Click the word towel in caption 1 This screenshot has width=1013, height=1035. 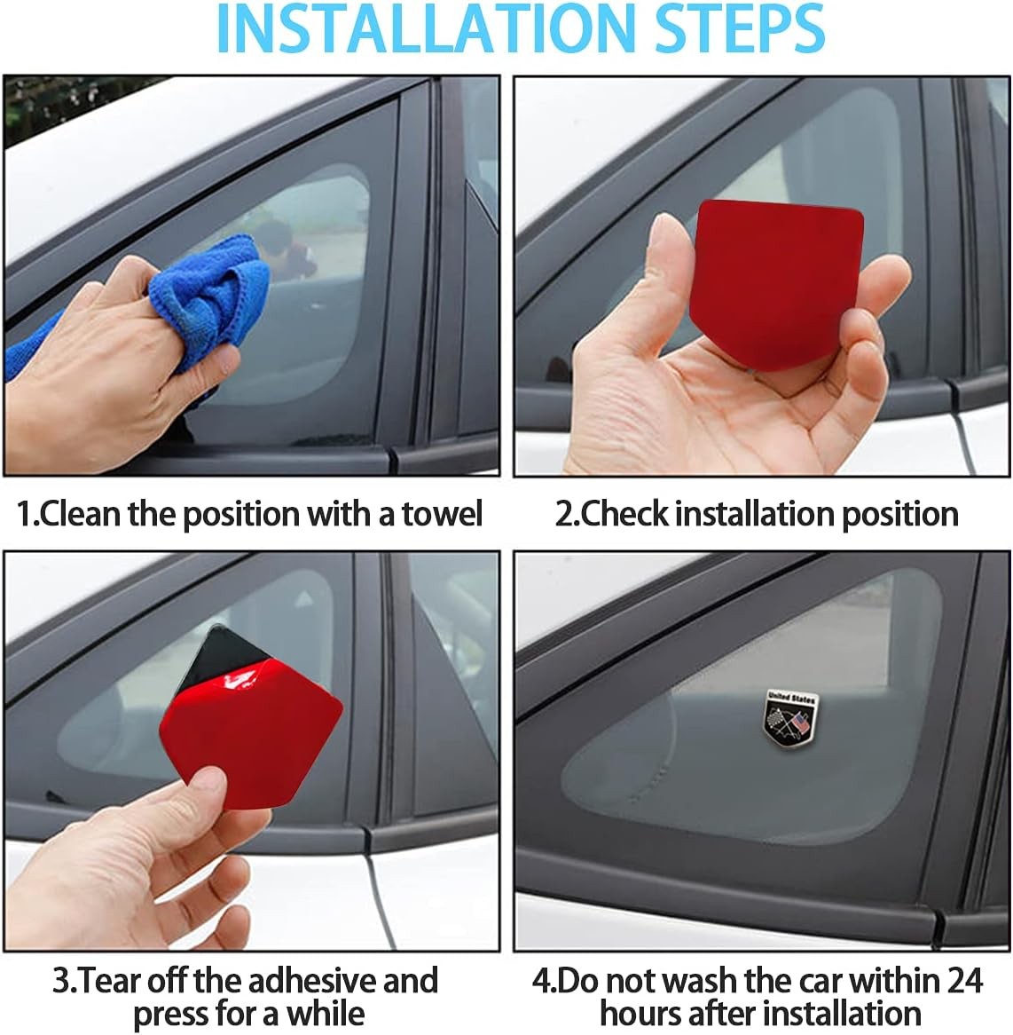[443, 514]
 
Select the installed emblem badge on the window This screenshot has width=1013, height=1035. [791, 719]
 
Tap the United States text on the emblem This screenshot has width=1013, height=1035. [791, 698]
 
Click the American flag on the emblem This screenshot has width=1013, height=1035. [799, 722]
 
